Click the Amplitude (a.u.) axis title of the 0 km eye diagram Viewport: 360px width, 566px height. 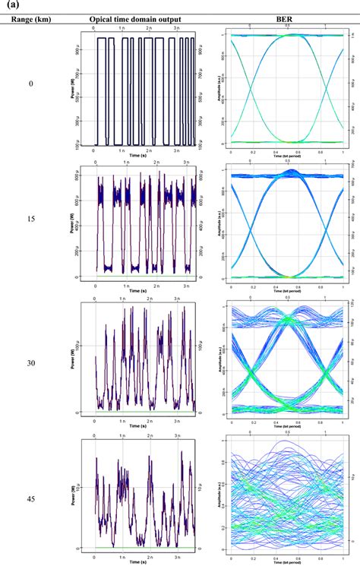[x=222, y=89]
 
